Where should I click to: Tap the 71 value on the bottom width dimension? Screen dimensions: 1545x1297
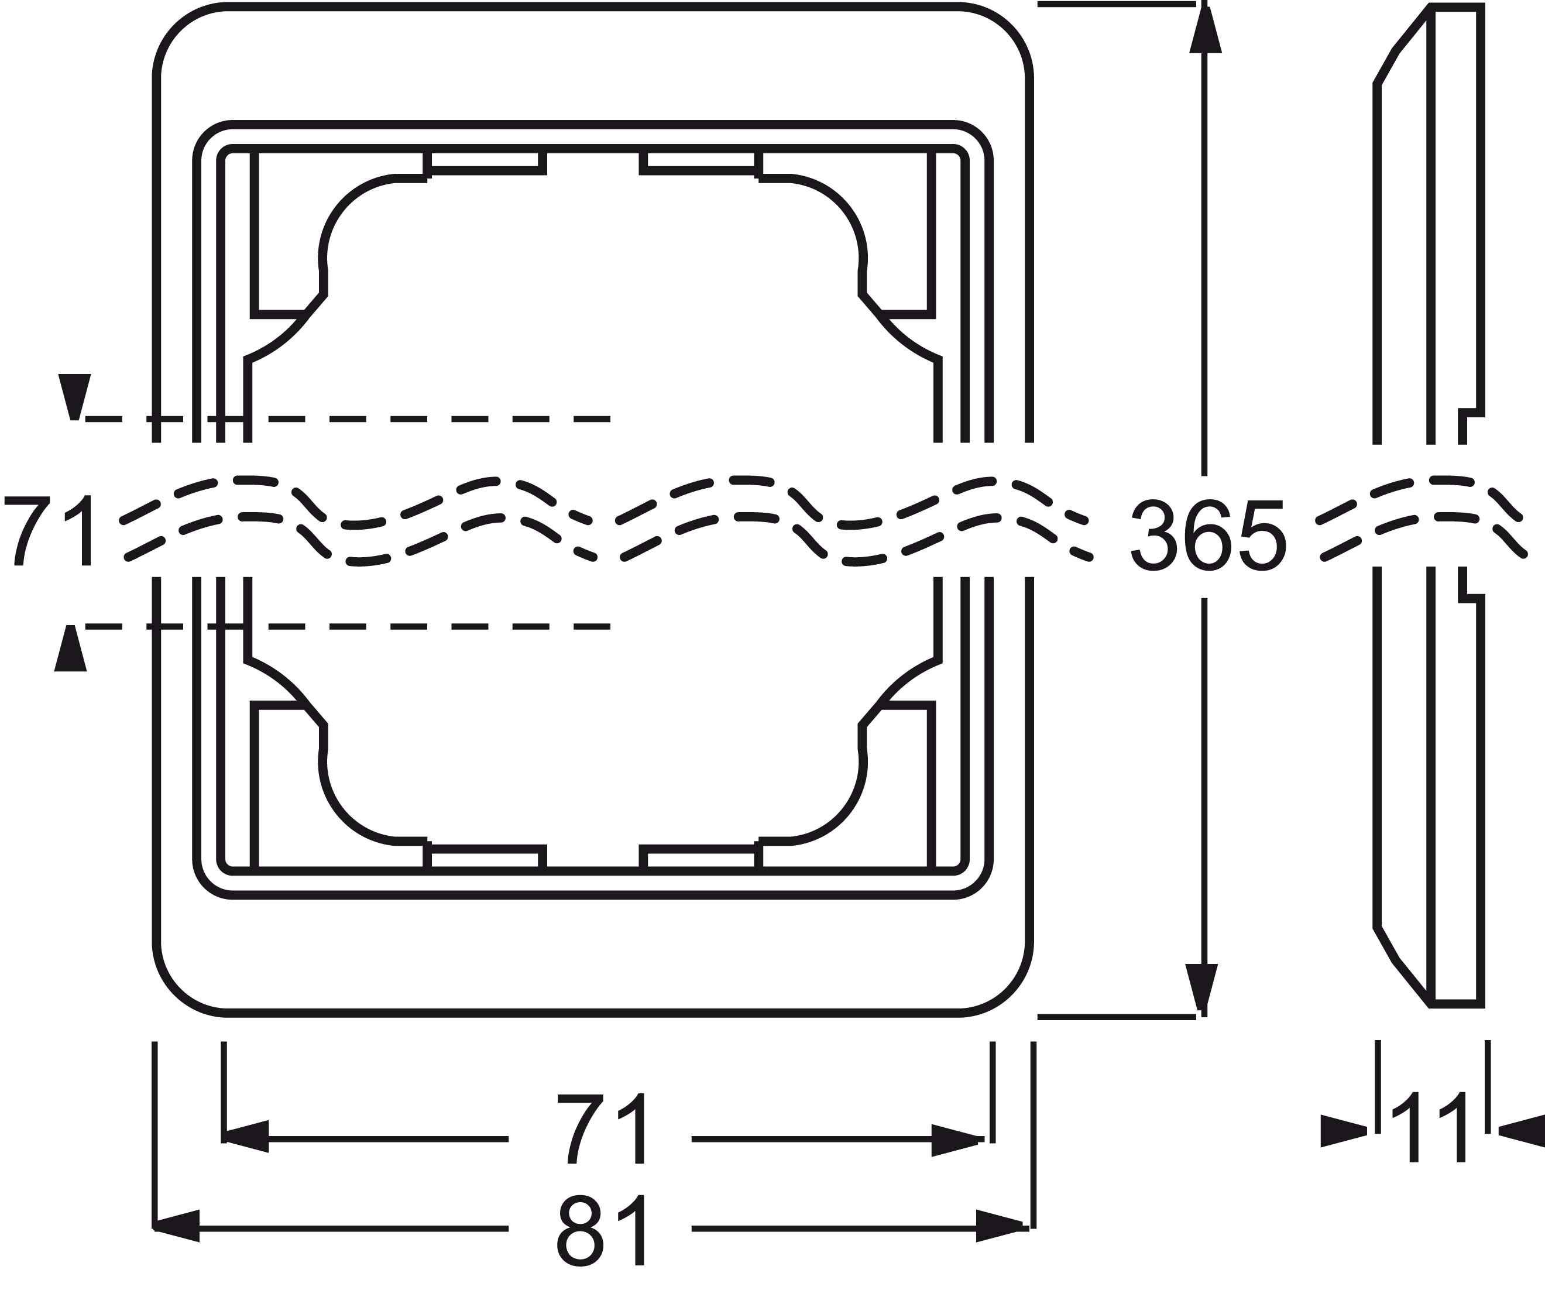(x=601, y=1128)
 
